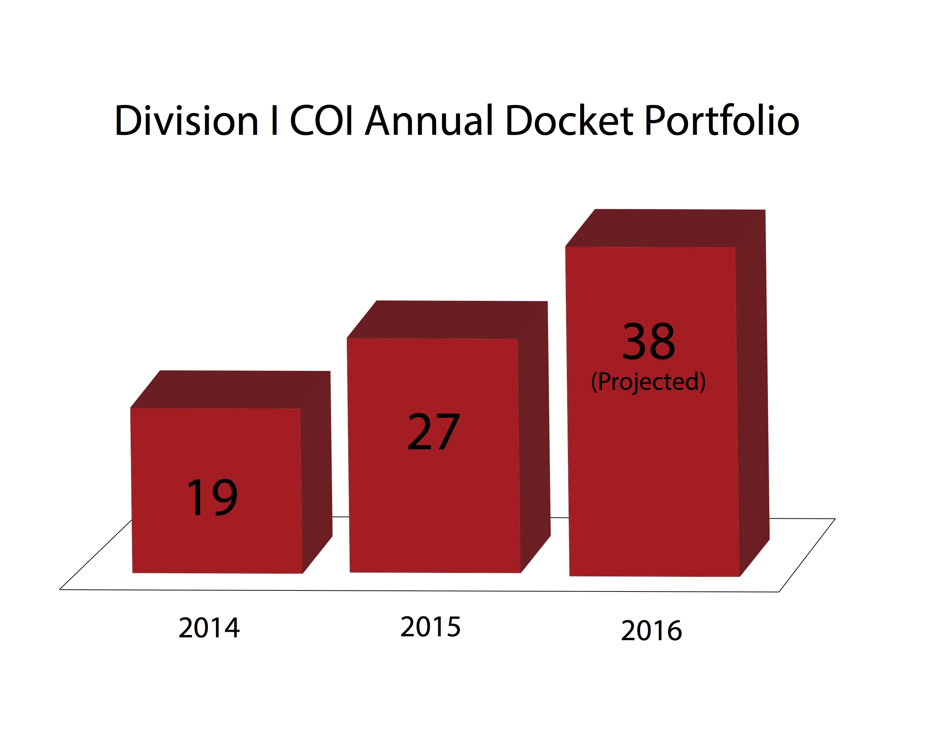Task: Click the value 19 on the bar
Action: [x=212, y=498]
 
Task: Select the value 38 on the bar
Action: [x=648, y=342]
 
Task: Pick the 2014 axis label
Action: [x=209, y=628]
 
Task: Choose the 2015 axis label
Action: [x=430, y=627]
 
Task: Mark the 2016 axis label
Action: [x=652, y=630]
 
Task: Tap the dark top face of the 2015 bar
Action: [x=446, y=320]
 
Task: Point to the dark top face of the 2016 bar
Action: [x=665, y=228]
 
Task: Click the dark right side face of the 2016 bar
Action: [x=753, y=390]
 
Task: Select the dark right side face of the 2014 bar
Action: [x=317, y=472]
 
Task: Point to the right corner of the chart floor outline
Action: [x=835, y=519]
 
